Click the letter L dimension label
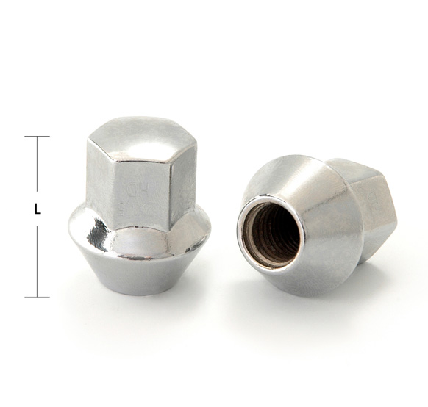(x=37, y=209)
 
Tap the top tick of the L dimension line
(x=37, y=137)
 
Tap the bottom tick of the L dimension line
(x=37, y=297)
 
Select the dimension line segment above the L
(x=37, y=165)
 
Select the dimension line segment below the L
(x=37, y=261)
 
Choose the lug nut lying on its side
(x=316, y=220)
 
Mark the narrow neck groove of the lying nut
(x=350, y=228)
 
